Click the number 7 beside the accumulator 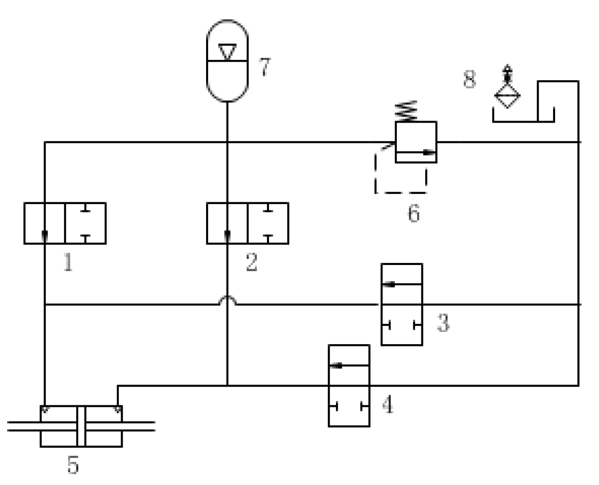pyautogui.click(x=265, y=67)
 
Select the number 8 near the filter pyautogui.click(x=470, y=80)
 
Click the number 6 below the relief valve pyautogui.click(x=414, y=213)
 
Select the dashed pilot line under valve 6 pyautogui.click(x=401, y=193)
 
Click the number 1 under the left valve pyautogui.click(x=68, y=263)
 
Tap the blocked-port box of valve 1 pyautogui.click(x=85, y=223)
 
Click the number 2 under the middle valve pyautogui.click(x=251, y=263)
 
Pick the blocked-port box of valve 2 pyautogui.click(x=268, y=223)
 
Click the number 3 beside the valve pyautogui.click(x=443, y=322)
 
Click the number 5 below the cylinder pyautogui.click(x=72, y=465)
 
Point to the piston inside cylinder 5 pyautogui.click(x=81, y=426)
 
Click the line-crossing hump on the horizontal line pyautogui.click(x=227, y=300)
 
